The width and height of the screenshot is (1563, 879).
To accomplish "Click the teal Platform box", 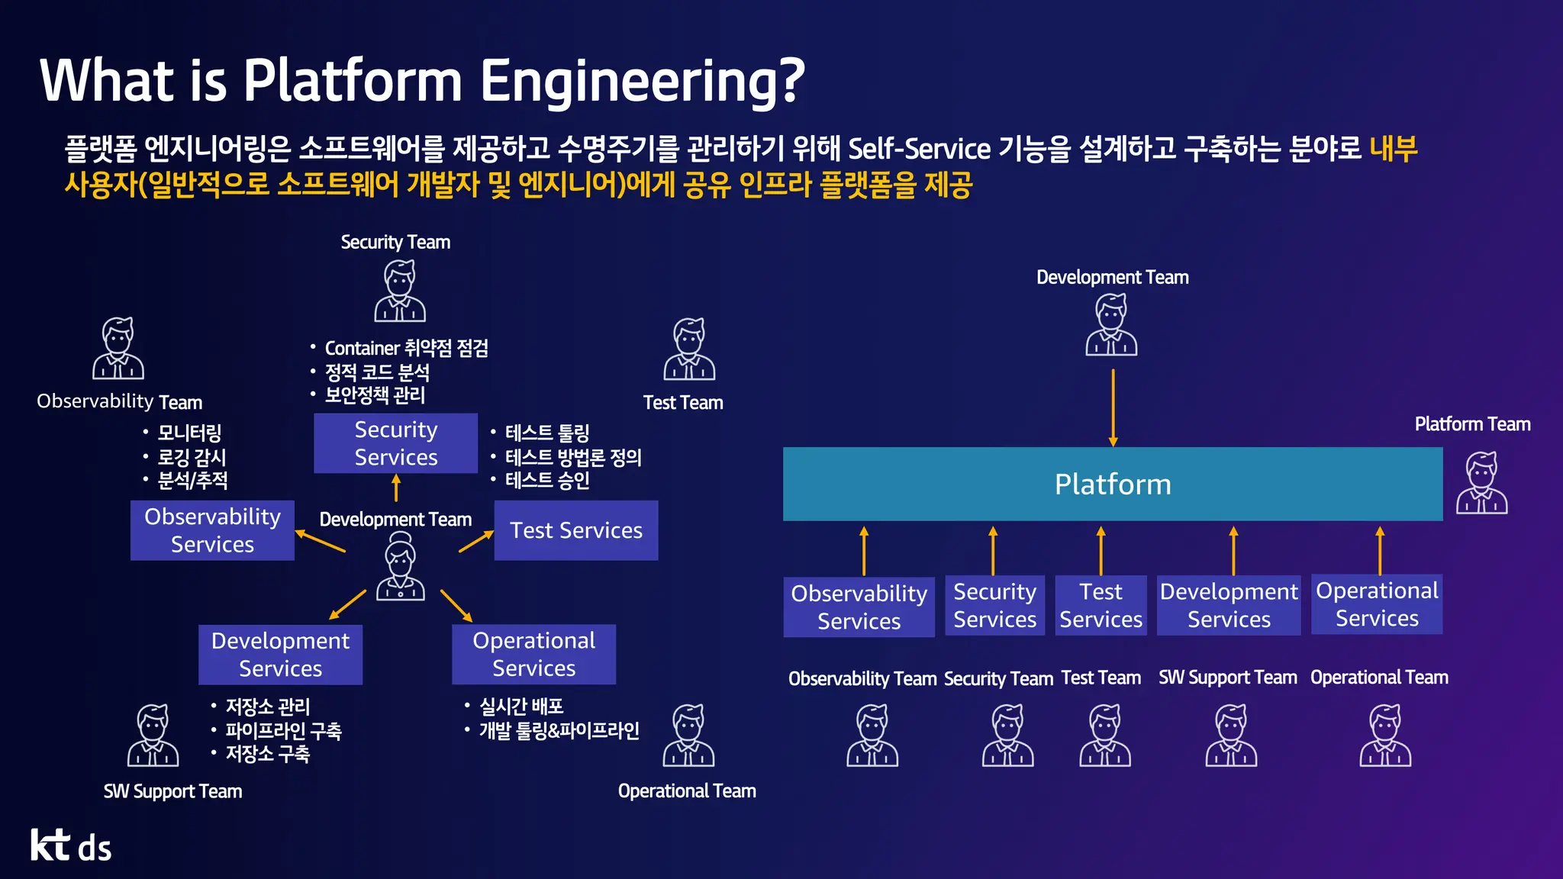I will [1112, 484].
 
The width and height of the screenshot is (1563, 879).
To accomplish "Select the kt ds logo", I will [71, 845].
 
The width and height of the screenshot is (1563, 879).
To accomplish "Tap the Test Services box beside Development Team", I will [575, 530].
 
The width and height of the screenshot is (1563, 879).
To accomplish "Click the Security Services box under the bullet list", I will [395, 443].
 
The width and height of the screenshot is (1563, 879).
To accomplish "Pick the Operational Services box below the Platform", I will [1376, 604].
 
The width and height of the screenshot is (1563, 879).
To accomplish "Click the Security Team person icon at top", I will [400, 291].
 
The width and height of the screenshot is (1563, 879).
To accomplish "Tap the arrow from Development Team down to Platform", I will [1113, 407].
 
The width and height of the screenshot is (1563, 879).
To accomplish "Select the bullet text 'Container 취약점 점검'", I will [406, 349].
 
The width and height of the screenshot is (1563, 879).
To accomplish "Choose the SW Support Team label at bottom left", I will [172, 791].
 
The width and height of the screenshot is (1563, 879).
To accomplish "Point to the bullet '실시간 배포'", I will [521, 707].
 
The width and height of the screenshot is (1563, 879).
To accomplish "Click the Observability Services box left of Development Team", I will [212, 530].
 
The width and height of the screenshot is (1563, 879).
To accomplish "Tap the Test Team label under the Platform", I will [1101, 678].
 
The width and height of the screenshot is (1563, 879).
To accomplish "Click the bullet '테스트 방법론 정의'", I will [572, 457].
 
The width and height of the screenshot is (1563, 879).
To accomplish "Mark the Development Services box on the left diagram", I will [280, 655].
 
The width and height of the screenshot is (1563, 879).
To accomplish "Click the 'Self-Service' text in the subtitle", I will [919, 148].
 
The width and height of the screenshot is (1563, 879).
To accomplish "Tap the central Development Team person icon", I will [400, 568].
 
